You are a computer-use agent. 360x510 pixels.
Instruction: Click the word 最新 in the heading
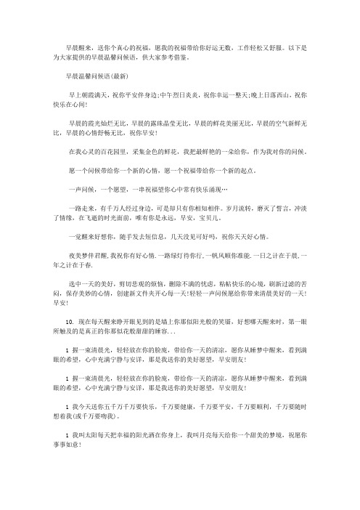tap(120, 75)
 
